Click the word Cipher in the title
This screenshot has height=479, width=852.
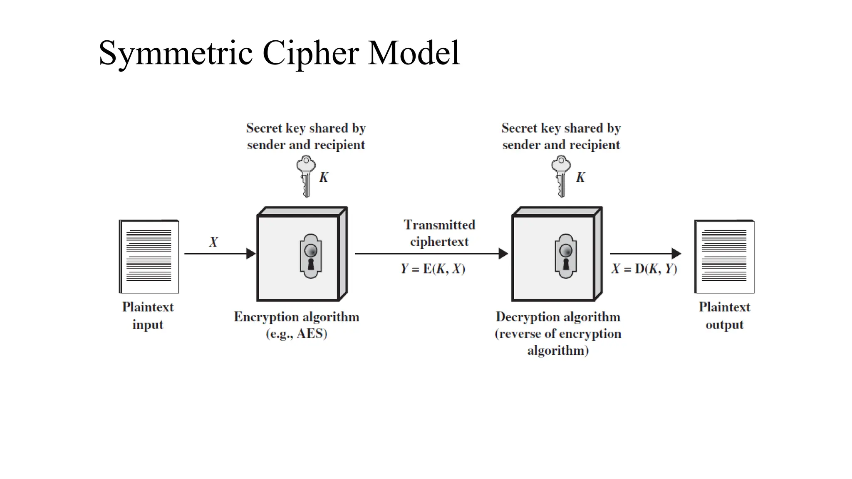[x=310, y=53]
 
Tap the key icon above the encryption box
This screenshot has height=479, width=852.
[x=306, y=176]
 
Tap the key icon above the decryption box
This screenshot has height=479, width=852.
[x=561, y=176]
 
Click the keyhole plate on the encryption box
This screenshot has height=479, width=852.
[x=310, y=256]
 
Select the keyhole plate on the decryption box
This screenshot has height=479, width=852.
[x=565, y=256]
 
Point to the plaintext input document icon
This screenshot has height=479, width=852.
[x=149, y=257]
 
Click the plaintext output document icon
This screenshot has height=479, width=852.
[x=724, y=257]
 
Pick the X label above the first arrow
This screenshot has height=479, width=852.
[x=213, y=242]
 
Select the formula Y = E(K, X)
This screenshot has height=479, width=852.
[x=433, y=269]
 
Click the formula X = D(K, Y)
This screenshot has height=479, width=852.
[x=644, y=269]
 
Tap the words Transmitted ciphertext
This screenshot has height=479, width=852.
[x=439, y=233]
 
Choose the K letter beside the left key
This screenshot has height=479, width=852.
[x=324, y=178]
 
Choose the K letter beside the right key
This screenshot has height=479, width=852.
[x=580, y=178]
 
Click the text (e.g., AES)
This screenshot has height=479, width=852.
[x=297, y=334]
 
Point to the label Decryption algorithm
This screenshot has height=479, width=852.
[x=558, y=317]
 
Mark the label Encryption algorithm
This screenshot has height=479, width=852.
[x=297, y=317]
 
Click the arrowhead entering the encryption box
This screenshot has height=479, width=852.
[x=251, y=254]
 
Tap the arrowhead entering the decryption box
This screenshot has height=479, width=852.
[x=503, y=254]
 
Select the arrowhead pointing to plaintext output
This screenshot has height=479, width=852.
[x=676, y=254]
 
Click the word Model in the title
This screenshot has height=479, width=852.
[x=414, y=53]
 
